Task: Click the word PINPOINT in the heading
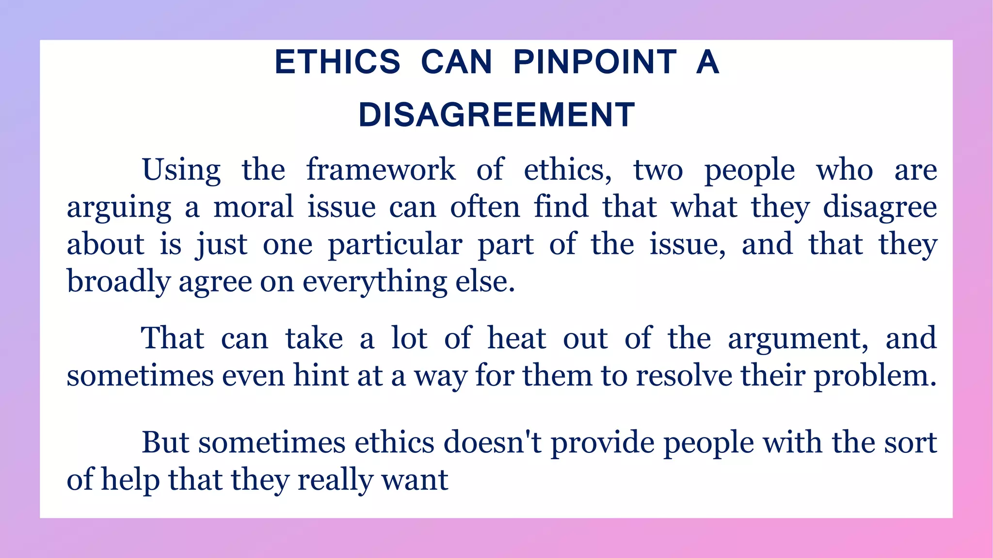point(595,62)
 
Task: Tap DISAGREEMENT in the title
point(496,115)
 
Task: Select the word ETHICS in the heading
point(337,62)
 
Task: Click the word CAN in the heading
point(456,62)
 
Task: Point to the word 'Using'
point(181,170)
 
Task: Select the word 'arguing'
point(119,208)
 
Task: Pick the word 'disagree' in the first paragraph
point(880,207)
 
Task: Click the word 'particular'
point(395,245)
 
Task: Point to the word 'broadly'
point(118,282)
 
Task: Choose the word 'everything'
point(375,282)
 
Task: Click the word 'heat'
point(516,338)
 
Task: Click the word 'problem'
point(875,376)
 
